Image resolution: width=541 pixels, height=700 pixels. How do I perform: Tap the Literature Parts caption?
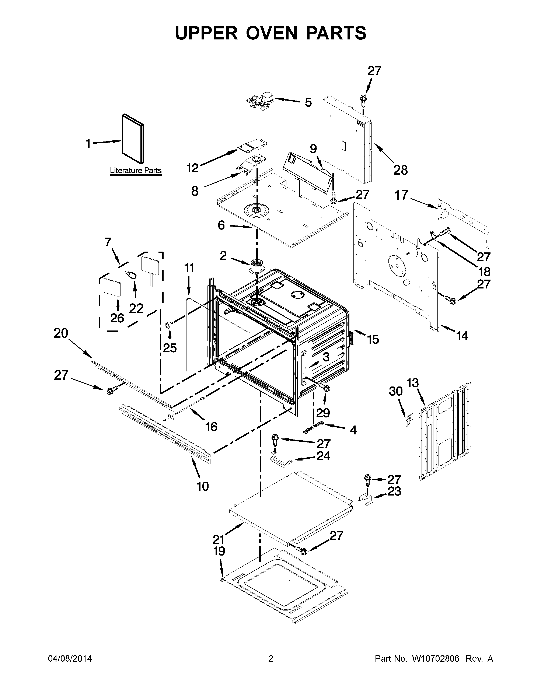[x=136, y=171]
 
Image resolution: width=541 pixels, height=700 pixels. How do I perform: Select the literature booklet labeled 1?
[x=133, y=139]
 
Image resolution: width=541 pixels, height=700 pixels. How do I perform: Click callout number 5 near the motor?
[x=308, y=103]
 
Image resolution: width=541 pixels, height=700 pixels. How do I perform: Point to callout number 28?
[x=400, y=170]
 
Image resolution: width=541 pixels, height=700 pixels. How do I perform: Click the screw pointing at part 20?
[x=111, y=390]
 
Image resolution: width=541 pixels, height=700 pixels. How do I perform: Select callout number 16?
[x=211, y=427]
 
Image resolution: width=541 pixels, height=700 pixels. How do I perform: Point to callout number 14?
[x=462, y=336]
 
